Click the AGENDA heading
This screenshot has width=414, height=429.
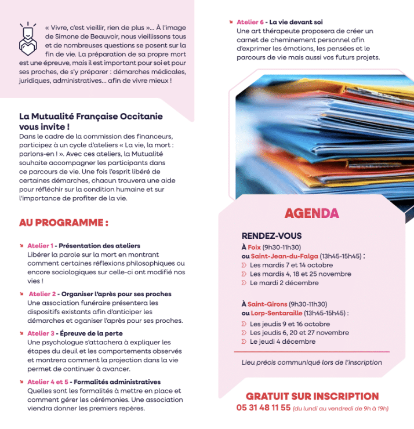311,213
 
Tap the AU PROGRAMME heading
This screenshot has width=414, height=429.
64,222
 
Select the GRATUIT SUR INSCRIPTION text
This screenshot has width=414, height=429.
312,397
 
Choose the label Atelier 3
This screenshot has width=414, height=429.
41,333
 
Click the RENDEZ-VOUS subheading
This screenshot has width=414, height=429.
271,236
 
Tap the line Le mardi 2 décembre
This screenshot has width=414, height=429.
284,283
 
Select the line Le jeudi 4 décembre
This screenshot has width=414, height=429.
282,341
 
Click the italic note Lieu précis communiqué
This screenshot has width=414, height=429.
312,362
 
